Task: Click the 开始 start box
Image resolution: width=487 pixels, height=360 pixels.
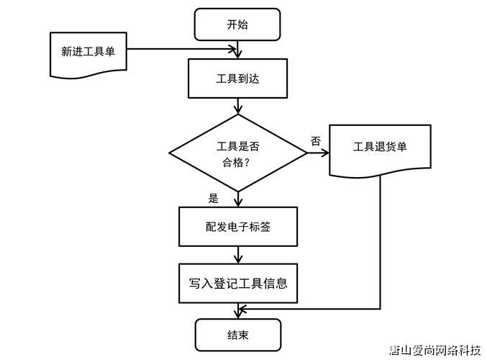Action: (237, 24)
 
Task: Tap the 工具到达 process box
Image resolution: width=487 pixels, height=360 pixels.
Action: (237, 78)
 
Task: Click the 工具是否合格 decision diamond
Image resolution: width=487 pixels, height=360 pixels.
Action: (238, 153)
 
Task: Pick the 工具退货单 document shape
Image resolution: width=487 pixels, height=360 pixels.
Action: (380, 148)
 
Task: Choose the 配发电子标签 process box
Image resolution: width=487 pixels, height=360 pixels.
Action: (237, 227)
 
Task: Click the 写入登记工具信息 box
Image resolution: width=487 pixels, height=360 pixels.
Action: (237, 283)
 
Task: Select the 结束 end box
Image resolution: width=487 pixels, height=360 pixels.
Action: (237, 336)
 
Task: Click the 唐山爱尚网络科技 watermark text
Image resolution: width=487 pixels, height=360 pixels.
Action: (435, 351)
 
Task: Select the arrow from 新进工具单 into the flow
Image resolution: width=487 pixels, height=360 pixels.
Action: (183, 50)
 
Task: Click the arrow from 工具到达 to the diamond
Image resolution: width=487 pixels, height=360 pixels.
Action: (238, 107)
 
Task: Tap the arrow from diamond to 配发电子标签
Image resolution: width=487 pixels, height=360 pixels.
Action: (238, 199)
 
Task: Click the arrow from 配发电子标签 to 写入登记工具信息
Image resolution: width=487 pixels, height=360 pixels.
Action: (238, 255)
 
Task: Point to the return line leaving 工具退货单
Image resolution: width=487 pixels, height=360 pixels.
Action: (379, 245)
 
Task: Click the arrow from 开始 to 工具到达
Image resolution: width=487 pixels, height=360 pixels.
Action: (238, 49)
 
